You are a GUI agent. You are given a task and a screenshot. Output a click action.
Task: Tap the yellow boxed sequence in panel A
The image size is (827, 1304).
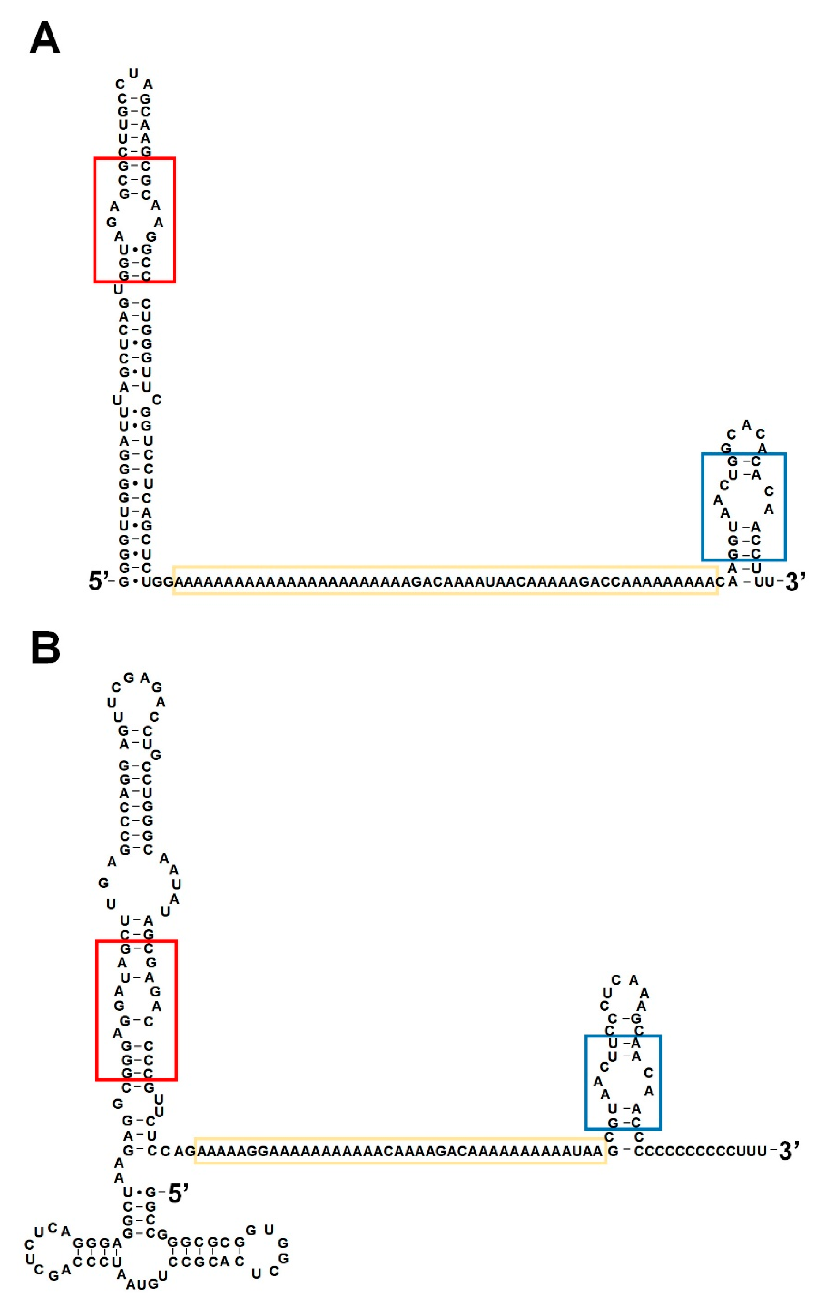[445, 581]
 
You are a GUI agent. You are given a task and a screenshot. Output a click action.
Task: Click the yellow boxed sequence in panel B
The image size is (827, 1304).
[400, 1151]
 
